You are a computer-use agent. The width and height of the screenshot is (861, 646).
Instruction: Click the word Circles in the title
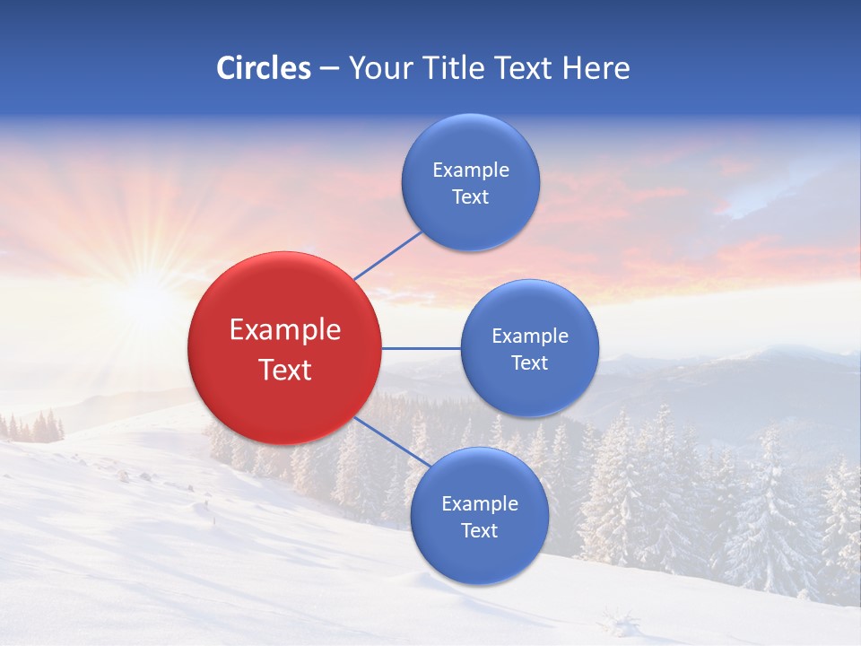coord(263,68)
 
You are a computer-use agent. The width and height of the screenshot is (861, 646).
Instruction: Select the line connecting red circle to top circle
coord(387,256)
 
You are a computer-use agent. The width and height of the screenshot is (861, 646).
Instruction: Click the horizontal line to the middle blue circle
coord(421,348)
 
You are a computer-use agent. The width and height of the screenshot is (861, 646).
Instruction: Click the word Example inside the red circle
coord(285,330)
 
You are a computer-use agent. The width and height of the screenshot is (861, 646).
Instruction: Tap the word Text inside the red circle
coord(285,370)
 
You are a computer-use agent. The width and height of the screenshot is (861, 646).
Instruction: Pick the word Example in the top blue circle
coord(471,170)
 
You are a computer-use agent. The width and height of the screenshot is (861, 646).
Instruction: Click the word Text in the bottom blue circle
coord(479,531)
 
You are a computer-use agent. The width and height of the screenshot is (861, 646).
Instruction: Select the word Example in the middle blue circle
coord(530,336)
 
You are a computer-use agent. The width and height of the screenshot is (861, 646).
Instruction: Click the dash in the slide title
coord(329,69)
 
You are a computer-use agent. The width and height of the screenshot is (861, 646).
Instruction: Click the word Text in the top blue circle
coord(470,197)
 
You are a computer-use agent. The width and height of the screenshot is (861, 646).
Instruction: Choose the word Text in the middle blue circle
coord(529,363)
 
